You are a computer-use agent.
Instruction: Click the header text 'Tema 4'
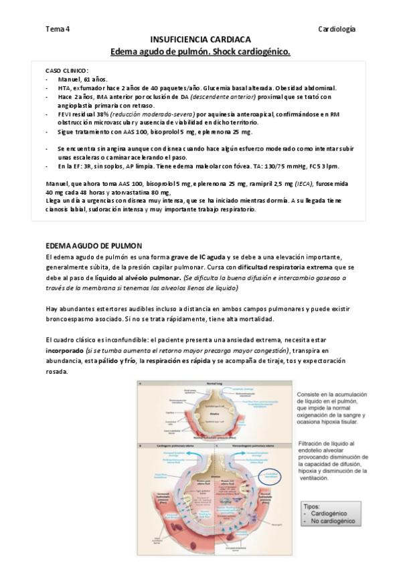click(58, 29)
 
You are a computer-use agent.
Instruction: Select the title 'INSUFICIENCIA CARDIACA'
click(200, 40)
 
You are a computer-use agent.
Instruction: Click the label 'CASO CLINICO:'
click(67, 71)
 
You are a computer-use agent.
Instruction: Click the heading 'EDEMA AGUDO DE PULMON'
click(93, 246)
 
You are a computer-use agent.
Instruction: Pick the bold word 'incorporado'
click(64, 350)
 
